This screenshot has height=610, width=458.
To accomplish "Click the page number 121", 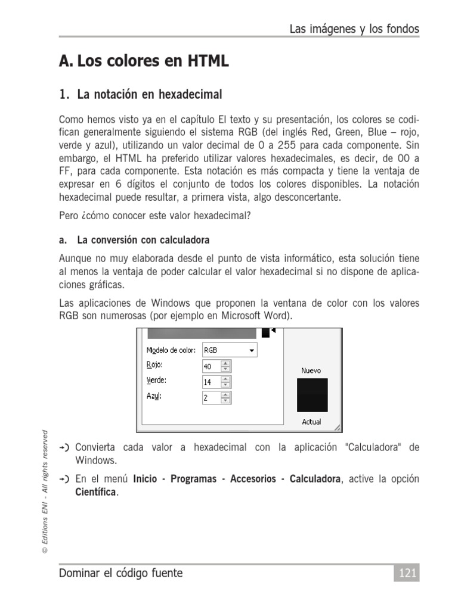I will click(x=406, y=573).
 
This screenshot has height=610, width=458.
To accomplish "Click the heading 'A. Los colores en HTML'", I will click(x=144, y=61).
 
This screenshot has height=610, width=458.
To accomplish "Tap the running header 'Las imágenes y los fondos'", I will click(x=354, y=29).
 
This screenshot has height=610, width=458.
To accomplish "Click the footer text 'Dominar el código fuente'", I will click(x=121, y=573).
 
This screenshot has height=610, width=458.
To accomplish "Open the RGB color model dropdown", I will click(x=230, y=351).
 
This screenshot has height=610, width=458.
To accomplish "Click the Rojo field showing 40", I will click(x=212, y=366).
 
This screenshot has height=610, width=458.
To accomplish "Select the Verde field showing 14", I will click(x=212, y=382).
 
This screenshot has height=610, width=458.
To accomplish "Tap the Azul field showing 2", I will click(x=212, y=397).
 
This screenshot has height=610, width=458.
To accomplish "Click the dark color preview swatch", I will click(x=312, y=394).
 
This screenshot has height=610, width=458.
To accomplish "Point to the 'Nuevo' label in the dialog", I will click(x=311, y=371).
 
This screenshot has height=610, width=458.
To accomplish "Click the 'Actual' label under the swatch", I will click(x=311, y=422).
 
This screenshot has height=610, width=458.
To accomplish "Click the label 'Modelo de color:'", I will click(x=171, y=351).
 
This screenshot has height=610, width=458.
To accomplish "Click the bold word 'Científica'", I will click(x=96, y=492).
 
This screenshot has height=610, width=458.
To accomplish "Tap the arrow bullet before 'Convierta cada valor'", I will click(x=65, y=447).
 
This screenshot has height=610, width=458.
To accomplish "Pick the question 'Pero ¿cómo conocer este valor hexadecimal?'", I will click(x=155, y=216).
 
